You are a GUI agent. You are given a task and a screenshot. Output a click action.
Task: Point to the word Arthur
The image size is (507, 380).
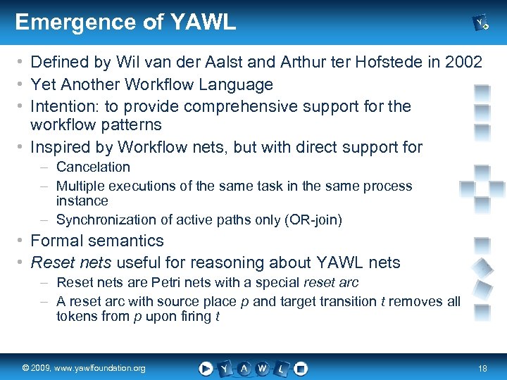(296, 63)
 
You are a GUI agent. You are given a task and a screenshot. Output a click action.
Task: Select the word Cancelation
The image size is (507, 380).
(93, 167)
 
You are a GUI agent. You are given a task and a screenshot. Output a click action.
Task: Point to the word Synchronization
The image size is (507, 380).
(106, 220)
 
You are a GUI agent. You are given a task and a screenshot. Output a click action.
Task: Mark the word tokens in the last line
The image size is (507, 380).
(76, 317)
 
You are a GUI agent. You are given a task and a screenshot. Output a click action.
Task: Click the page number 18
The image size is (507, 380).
(482, 368)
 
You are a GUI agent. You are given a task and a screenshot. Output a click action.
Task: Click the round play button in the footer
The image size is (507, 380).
(206, 368)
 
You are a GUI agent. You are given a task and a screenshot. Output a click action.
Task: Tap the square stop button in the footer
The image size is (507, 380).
(301, 368)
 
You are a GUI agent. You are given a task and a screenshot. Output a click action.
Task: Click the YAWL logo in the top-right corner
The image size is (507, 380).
(482, 24)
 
